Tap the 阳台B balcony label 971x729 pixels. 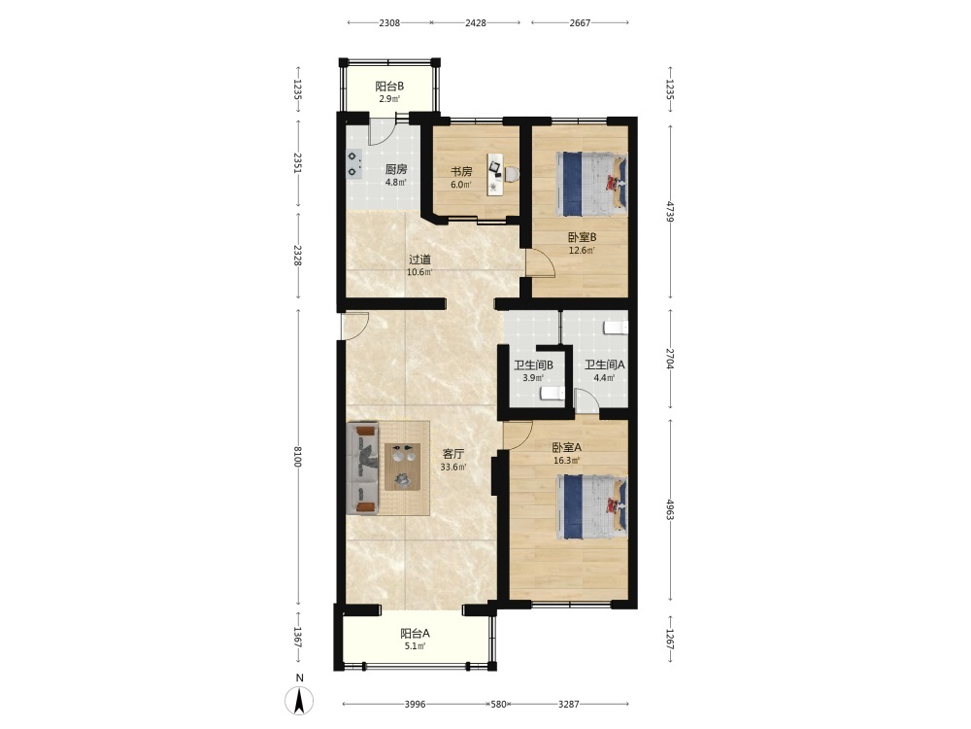(x=389, y=87)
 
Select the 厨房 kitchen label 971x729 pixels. (x=396, y=169)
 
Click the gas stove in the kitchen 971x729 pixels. (x=353, y=164)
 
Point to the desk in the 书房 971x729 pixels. (x=495, y=174)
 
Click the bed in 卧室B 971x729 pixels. (x=592, y=184)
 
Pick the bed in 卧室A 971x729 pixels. (x=592, y=507)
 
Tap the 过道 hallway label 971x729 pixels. (x=419, y=260)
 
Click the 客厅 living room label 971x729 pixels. (x=452, y=454)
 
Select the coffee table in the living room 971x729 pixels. (x=404, y=467)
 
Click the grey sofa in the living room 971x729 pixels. (x=362, y=469)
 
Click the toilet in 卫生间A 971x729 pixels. (x=617, y=328)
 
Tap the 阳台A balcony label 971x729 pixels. (x=415, y=634)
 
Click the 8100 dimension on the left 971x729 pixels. (x=297, y=456)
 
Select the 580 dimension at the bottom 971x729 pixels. (x=498, y=704)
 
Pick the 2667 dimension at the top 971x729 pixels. (x=581, y=23)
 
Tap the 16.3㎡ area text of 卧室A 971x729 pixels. (x=567, y=461)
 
